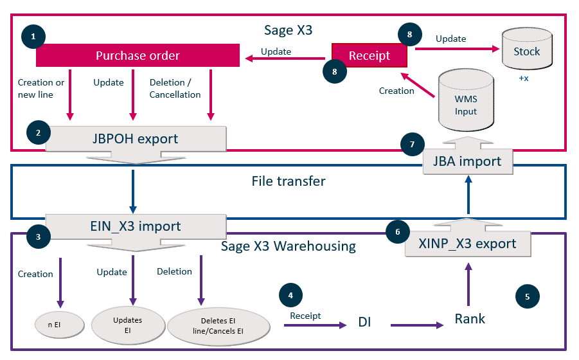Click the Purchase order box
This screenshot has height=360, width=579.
point(137,55)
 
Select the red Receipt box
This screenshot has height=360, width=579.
point(370,55)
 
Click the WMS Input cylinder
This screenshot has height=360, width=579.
point(466,103)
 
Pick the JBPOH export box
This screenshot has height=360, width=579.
point(136,138)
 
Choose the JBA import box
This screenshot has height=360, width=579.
point(467,161)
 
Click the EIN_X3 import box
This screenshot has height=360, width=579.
point(136,226)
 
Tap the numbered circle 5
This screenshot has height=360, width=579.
point(528,296)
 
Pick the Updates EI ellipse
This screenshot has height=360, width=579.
point(127,325)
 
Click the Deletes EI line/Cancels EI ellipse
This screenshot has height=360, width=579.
point(218,327)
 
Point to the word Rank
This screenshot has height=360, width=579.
point(470,318)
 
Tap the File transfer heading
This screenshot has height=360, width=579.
point(288,181)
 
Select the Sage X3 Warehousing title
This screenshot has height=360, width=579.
point(288,246)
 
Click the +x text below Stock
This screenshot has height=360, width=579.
point(523,78)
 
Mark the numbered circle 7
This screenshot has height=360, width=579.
point(412,145)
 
